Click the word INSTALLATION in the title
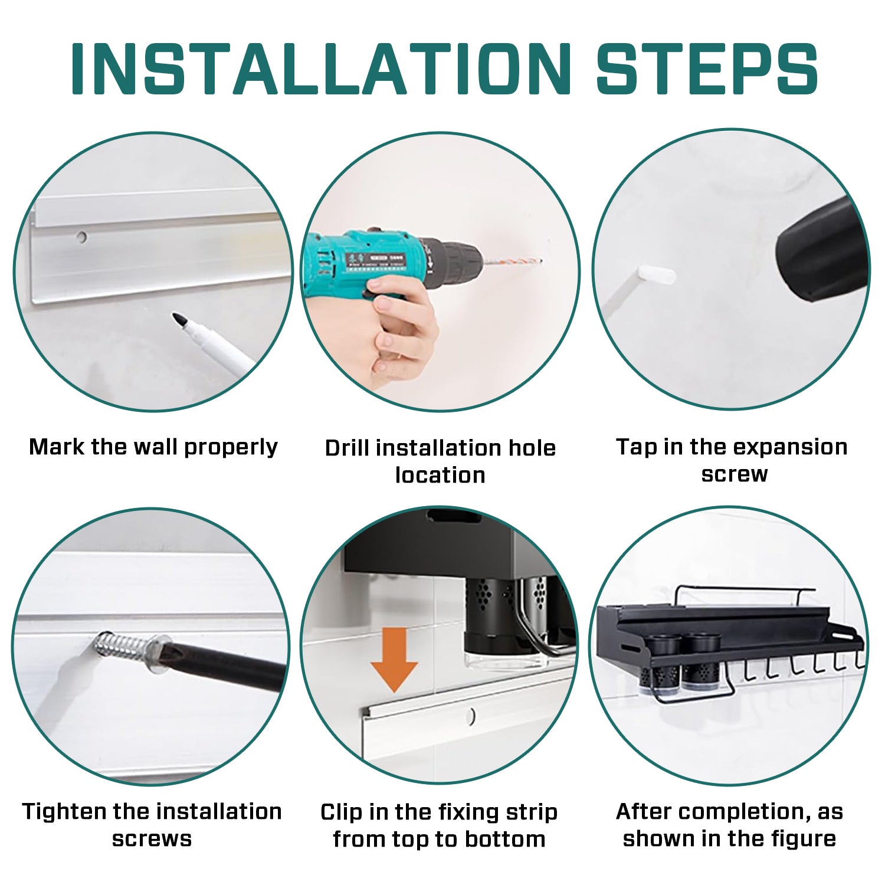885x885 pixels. tap(322, 68)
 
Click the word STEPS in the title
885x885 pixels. tap(707, 68)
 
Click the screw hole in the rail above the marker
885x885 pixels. tap(81, 237)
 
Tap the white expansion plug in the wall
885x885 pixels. tap(656, 275)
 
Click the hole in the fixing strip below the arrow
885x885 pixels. tap(470, 716)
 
